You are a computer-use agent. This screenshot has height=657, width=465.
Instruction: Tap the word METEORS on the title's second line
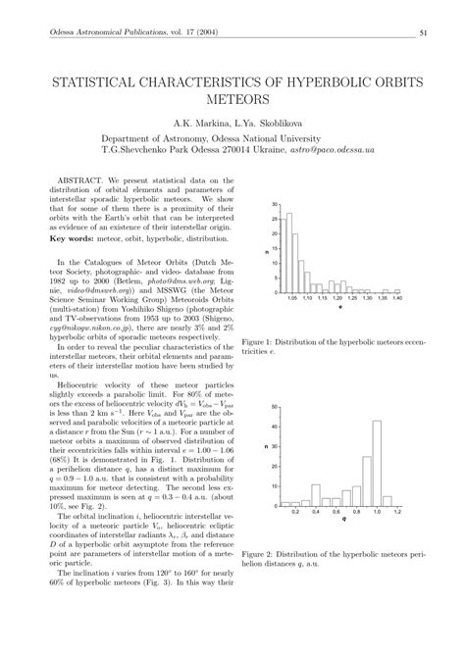point(232,99)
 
